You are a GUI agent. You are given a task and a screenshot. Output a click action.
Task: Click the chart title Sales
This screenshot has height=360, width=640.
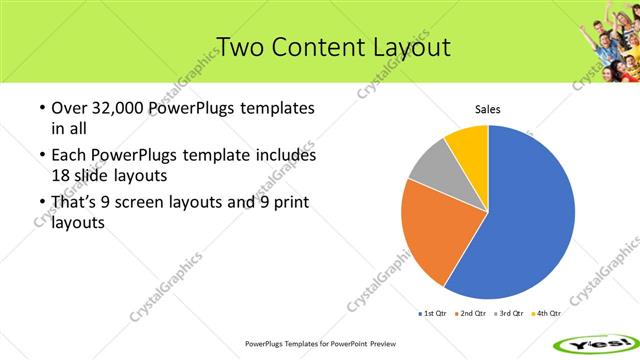[x=487, y=110]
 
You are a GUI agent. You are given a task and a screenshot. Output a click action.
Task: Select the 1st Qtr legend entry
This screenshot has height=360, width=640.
[x=431, y=313]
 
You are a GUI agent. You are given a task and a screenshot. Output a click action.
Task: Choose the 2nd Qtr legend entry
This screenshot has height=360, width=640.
[x=471, y=313]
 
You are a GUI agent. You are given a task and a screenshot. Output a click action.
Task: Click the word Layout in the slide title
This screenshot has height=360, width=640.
[x=398, y=46]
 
